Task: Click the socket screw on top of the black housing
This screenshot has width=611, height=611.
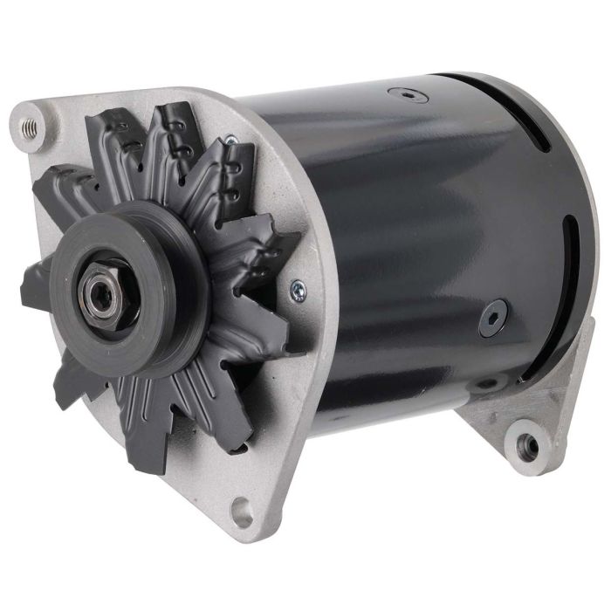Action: point(408,93)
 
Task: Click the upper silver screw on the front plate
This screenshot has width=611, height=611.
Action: point(230,139)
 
